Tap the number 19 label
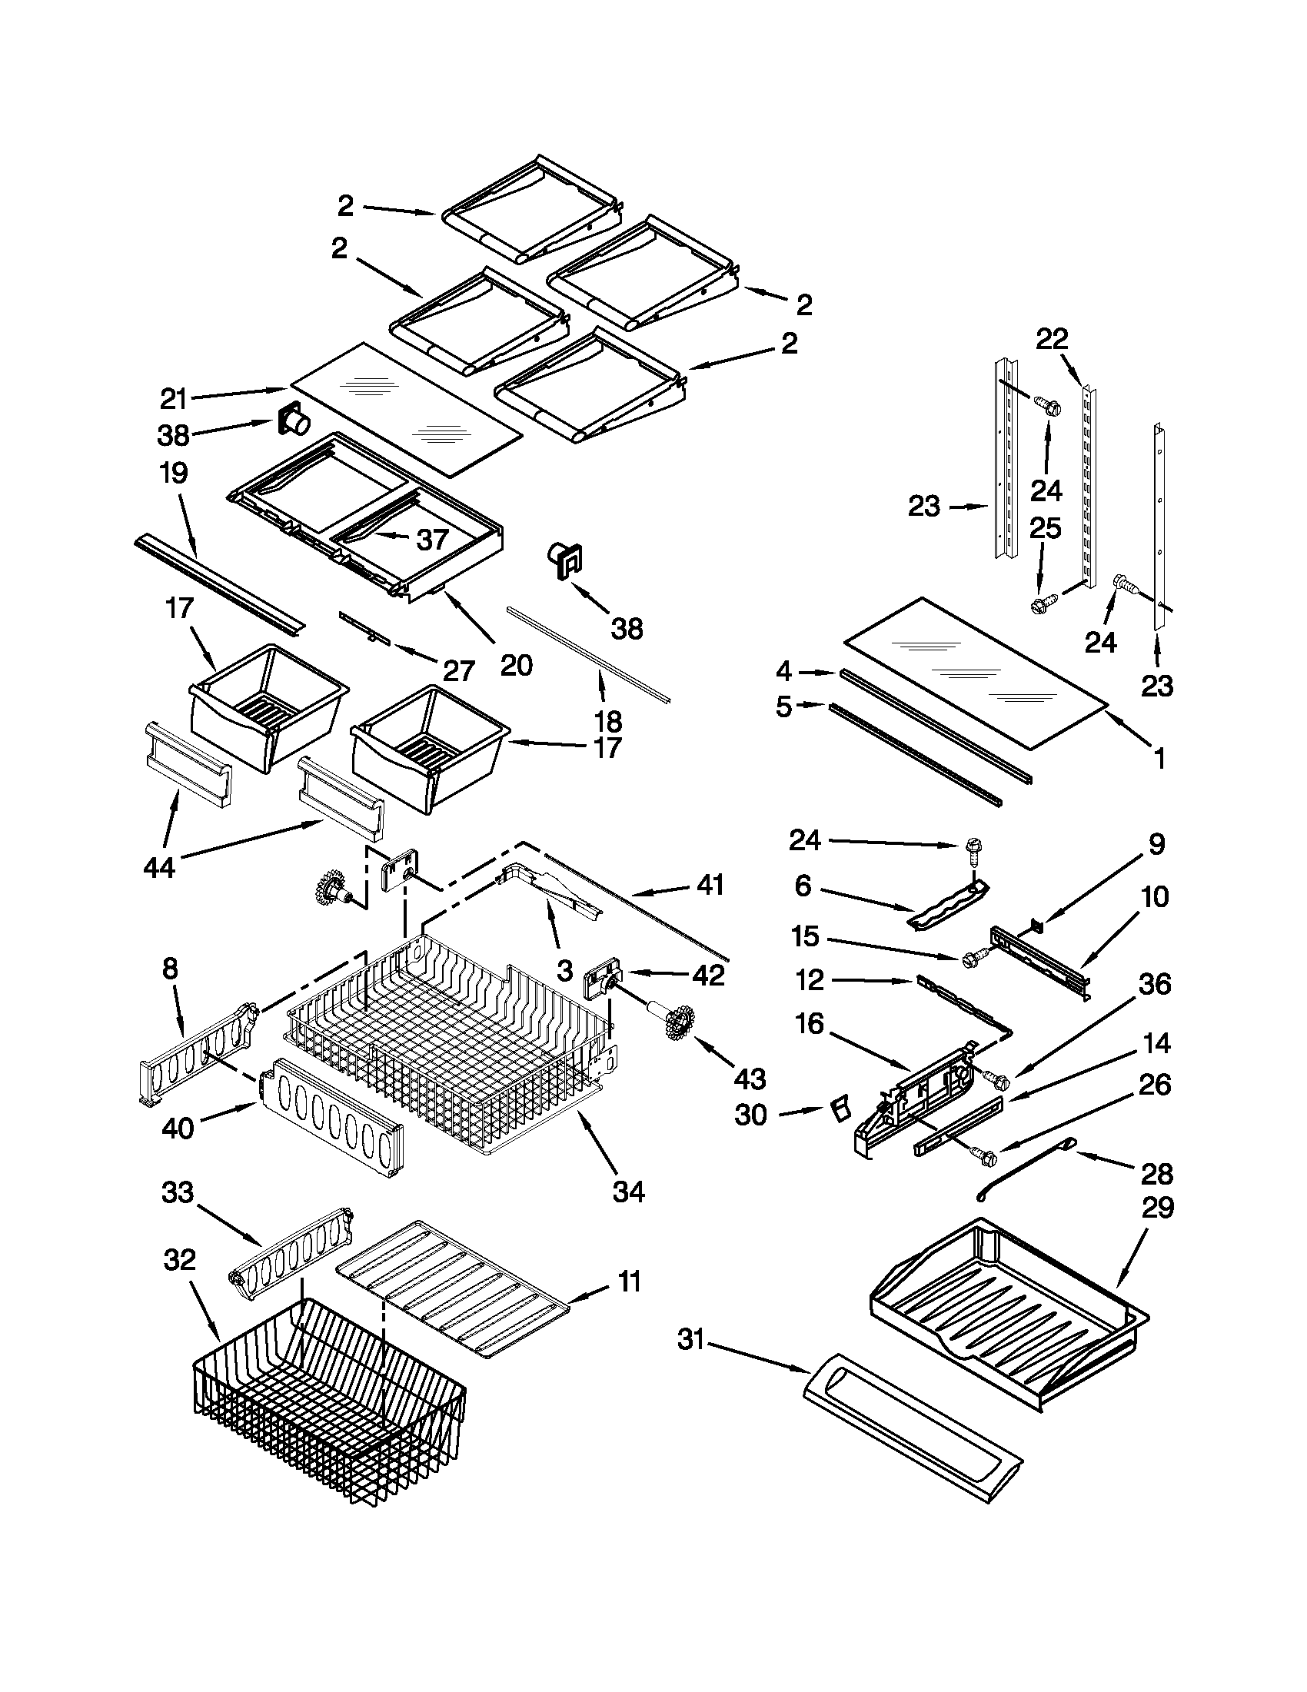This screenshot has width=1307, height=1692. click(174, 473)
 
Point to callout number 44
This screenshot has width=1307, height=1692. click(160, 868)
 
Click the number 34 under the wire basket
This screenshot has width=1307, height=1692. click(628, 1192)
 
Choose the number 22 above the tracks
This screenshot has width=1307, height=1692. click(1053, 339)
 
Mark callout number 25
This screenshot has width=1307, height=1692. click(1045, 528)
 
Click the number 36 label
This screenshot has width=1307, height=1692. click(1154, 985)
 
